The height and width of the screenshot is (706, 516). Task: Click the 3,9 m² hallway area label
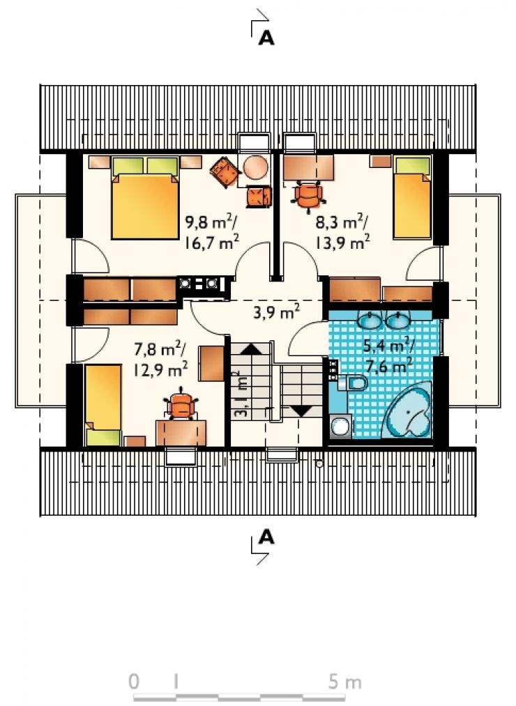[276, 311]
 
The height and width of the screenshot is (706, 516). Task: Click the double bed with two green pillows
[145, 198]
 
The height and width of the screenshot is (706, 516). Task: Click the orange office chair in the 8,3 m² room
[309, 195]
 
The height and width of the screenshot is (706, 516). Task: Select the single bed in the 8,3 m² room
[412, 198]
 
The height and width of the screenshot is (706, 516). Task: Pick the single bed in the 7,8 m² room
[103, 405]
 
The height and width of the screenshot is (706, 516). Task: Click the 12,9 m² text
[160, 370]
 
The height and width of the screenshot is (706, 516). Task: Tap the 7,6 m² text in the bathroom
[388, 367]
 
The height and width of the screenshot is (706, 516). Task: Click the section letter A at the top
[266, 39]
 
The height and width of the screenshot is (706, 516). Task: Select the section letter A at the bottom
[266, 537]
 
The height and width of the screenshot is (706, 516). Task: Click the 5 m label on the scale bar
[344, 682]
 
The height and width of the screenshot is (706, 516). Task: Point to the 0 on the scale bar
[134, 682]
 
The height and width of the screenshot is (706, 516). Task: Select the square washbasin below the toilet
[342, 426]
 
